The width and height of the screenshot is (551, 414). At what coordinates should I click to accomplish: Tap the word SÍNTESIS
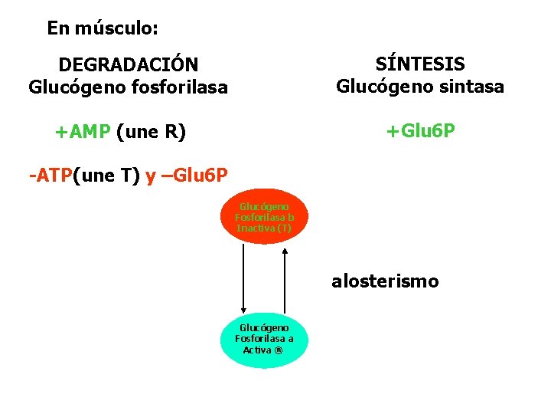(420, 64)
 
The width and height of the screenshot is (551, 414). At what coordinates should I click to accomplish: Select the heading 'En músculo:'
(103, 28)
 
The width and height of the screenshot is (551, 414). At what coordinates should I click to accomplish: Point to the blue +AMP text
(83, 132)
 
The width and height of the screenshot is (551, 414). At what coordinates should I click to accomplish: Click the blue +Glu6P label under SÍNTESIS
(420, 132)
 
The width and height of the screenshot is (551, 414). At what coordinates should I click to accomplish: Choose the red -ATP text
(50, 176)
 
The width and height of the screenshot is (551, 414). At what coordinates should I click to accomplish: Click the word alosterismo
(385, 281)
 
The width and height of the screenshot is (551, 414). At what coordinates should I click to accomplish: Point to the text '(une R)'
(152, 132)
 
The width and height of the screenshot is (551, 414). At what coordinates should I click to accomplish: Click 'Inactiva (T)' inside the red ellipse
(264, 228)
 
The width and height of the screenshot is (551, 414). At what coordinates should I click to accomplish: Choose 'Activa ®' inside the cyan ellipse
(264, 350)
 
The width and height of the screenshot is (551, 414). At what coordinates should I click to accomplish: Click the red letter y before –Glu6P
(151, 176)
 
